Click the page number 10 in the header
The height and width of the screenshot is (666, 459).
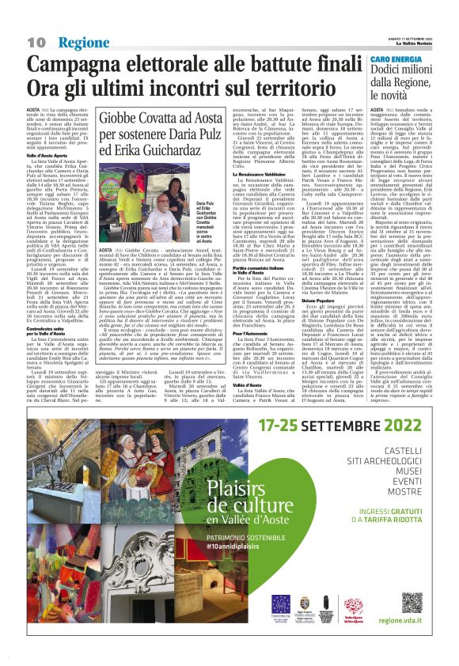pyautogui.click(x=36, y=41)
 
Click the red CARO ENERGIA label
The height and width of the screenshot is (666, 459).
pyautogui.click(x=396, y=59)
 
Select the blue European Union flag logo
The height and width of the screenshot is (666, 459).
pyautogui.click(x=281, y=603)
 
